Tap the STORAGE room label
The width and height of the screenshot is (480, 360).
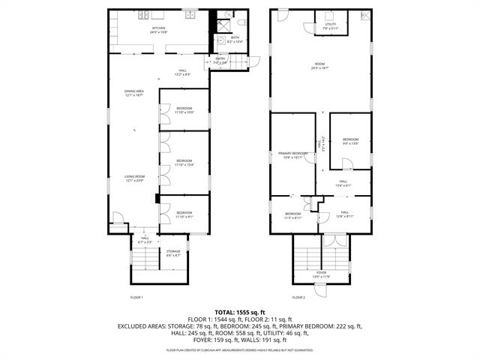pyautogui.click(x=173, y=253)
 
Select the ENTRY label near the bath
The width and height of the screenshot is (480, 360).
pyautogui.click(x=220, y=60)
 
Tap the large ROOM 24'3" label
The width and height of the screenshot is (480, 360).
pyautogui.click(x=319, y=66)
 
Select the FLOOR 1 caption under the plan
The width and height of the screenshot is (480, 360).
pyautogui.click(x=136, y=298)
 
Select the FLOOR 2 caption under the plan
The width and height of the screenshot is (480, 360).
pyautogui.click(x=299, y=298)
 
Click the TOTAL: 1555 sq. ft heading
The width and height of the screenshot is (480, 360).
pyautogui.click(x=240, y=311)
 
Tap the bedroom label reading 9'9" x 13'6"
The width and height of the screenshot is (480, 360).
pyautogui.click(x=351, y=141)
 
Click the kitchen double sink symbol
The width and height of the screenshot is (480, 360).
pyautogui.click(x=190, y=15)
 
